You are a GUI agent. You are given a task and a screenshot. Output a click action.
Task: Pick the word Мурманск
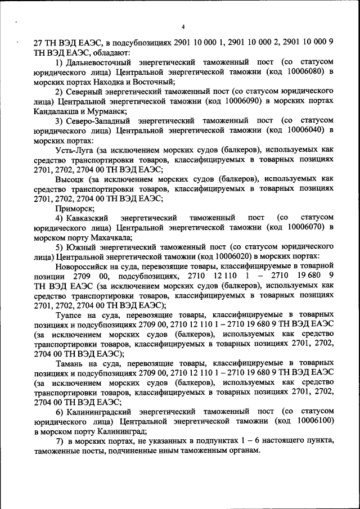tap(110, 113)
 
